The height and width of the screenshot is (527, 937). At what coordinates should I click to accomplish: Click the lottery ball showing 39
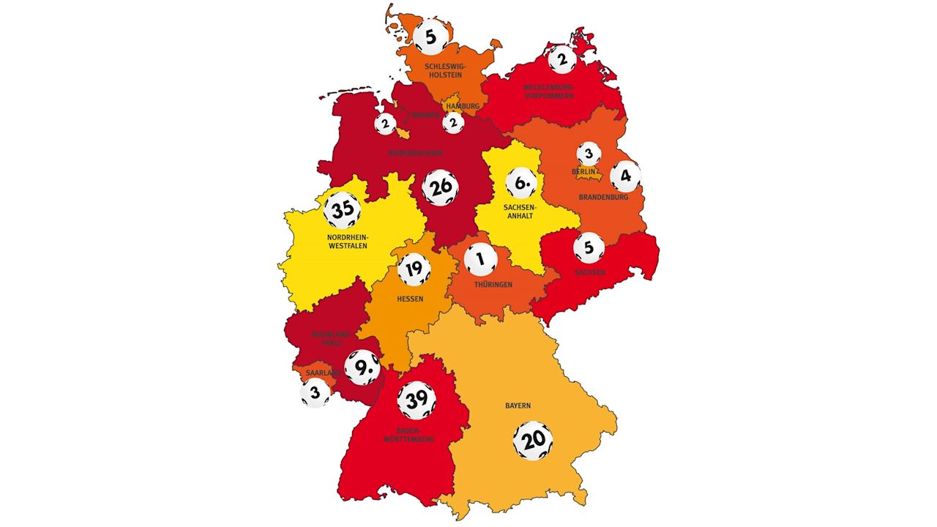click(x=417, y=400)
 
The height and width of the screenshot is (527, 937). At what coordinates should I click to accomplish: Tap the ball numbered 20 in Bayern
click(x=533, y=441)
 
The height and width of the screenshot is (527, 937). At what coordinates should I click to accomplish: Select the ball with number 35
click(x=343, y=211)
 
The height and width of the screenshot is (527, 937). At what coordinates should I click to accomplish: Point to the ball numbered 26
click(x=441, y=188)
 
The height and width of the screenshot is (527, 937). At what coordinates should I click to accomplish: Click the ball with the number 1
click(x=480, y=259)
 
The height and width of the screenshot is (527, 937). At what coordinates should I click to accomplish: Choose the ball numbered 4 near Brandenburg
click(x=625, y=176)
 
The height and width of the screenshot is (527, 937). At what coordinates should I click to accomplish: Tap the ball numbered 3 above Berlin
click(x=589, y=154)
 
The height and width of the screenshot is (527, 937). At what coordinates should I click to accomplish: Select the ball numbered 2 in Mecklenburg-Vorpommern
click(x=561, y=59)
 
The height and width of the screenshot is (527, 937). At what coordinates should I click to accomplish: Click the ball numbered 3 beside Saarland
click(x=315, y=393)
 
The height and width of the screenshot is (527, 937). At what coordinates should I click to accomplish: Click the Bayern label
click(x=518, y=405)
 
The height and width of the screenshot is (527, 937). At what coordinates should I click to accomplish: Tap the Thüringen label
click(x=493, y=284)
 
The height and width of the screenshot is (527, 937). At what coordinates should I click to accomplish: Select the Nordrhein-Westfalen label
click(x=348, y=241)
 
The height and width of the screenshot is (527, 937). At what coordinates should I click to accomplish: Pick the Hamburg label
click(x=463, y=106)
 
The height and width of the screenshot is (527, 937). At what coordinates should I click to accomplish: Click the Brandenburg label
click(x=603, y=197)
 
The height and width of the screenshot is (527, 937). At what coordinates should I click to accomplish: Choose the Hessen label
click(x=410, y=299)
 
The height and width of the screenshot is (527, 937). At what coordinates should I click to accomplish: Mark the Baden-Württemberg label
click(x=415, y=435)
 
